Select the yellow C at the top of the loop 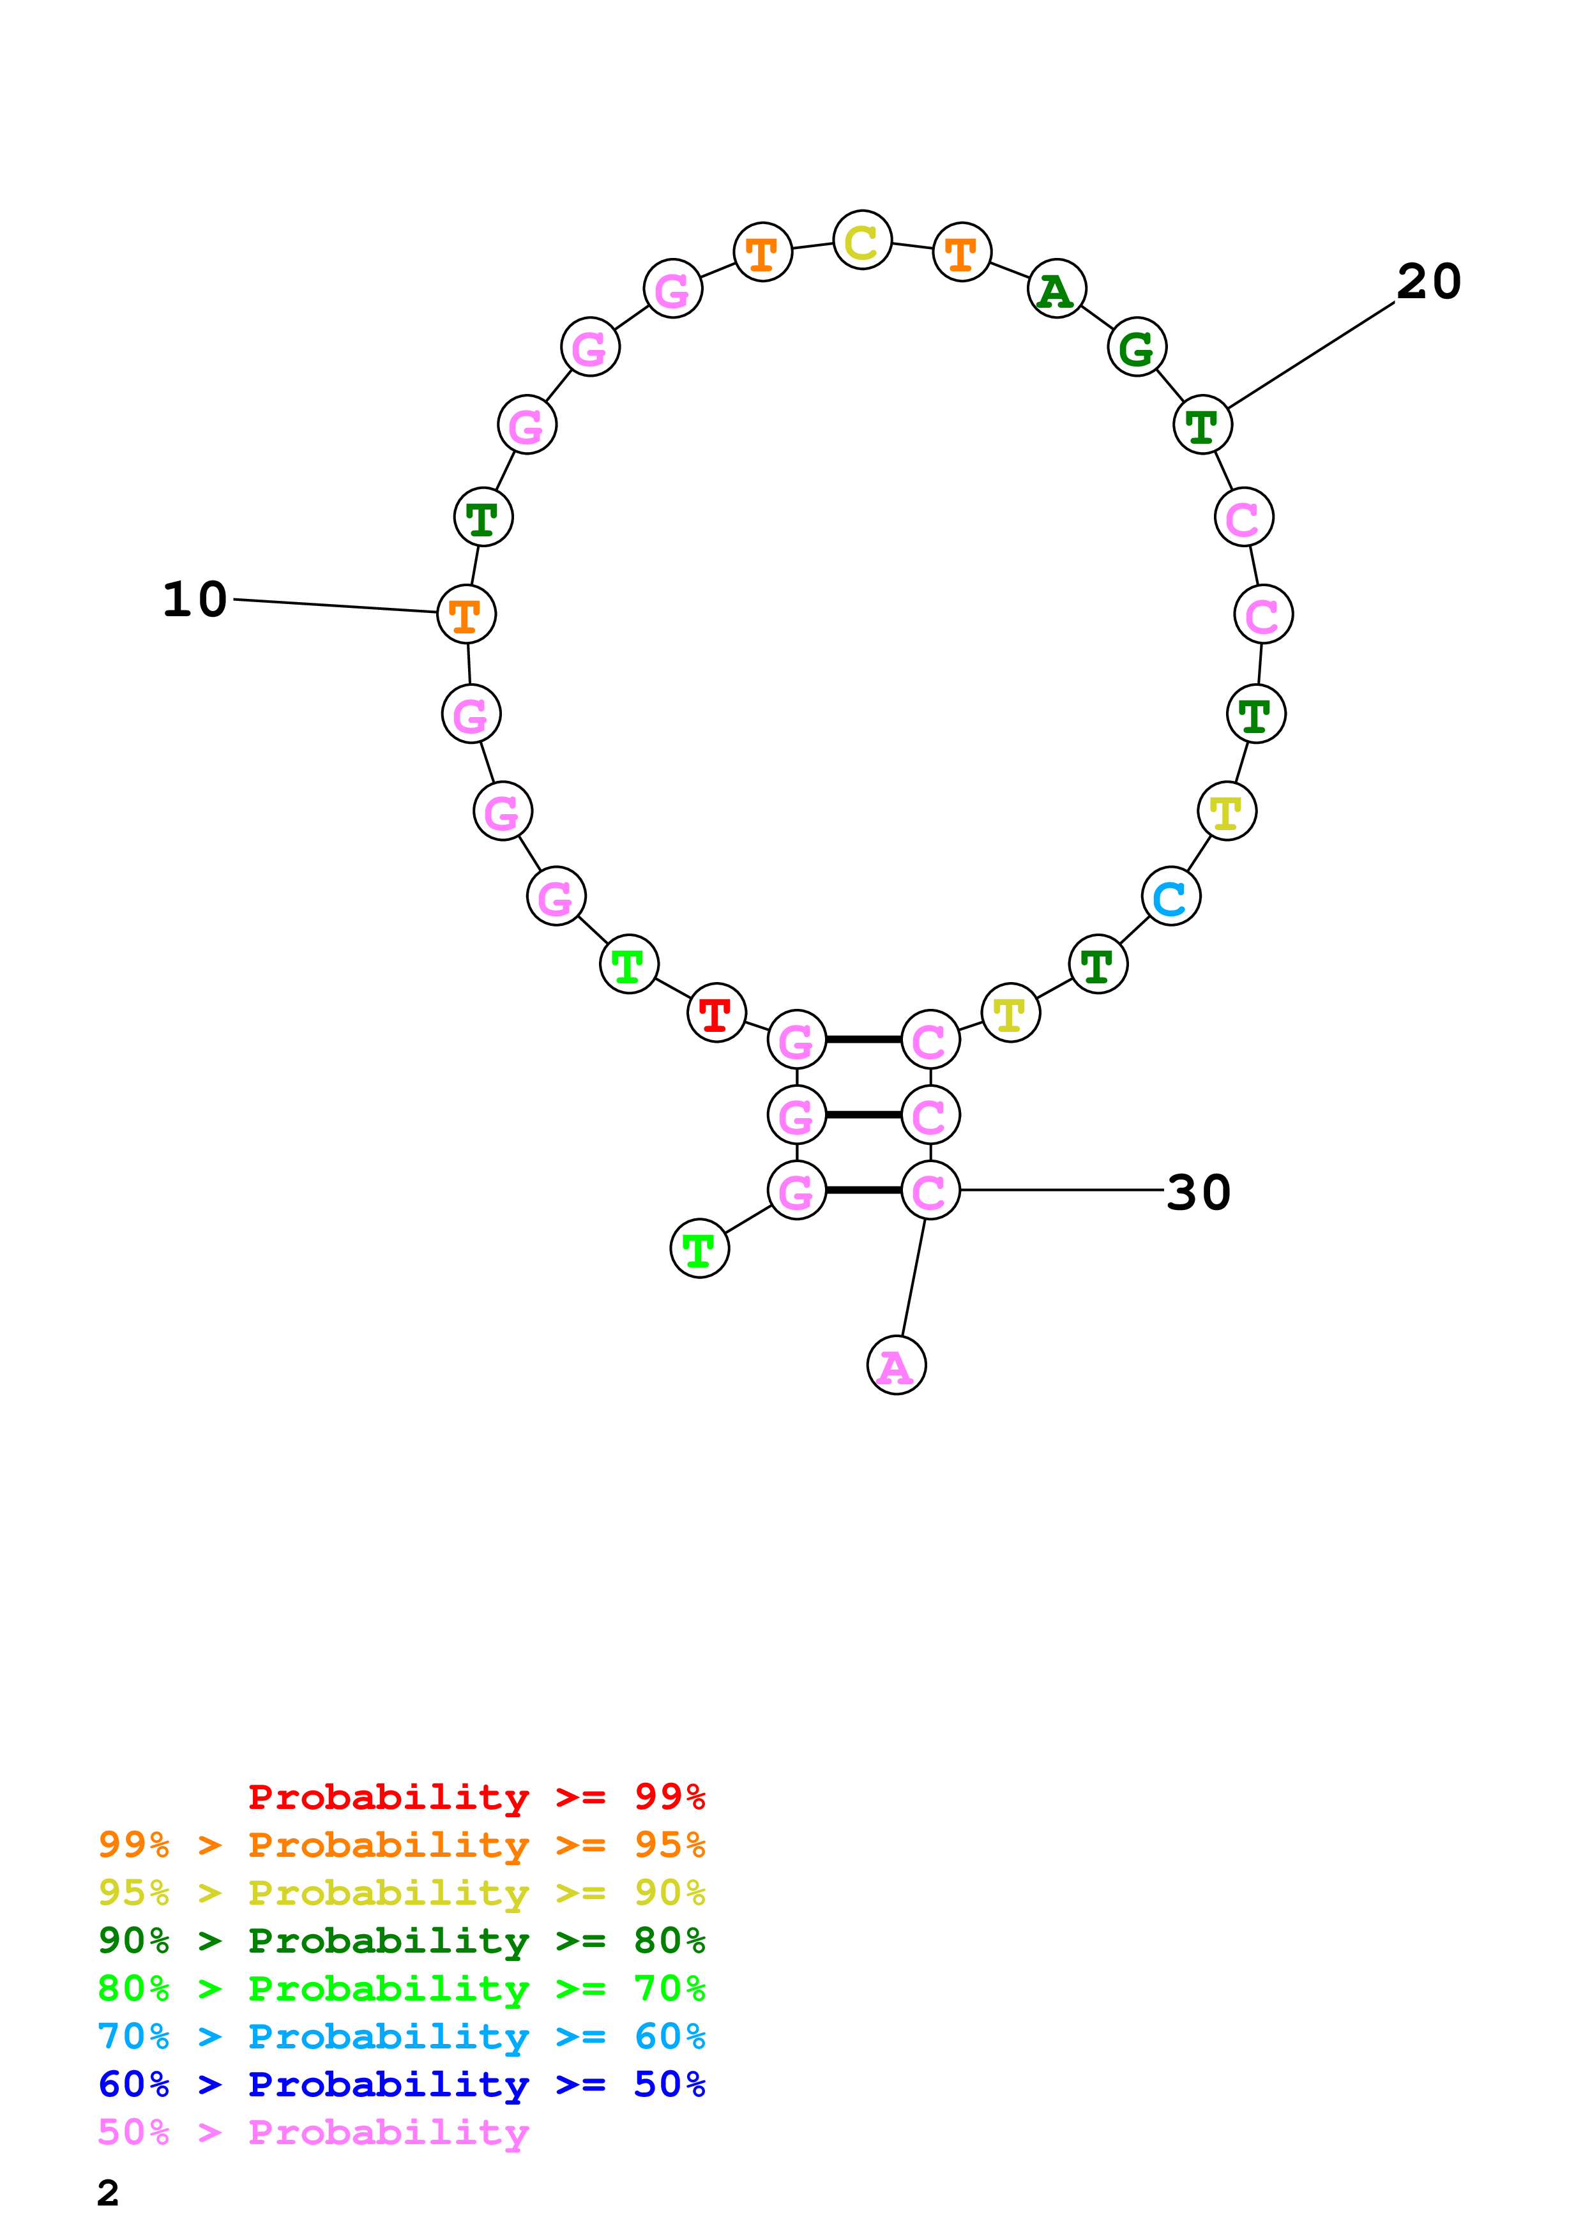click(862, 240)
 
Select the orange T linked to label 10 click(466, 615)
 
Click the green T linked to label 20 click(1202, 425)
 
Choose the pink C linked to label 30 click(930, 1190)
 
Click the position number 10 click(195, 599)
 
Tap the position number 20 click(1429, 282)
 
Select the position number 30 click(1199, 1192)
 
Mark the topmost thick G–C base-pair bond click(863, 1040)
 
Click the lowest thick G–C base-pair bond click(863, 1190)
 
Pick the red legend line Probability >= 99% click(476, 1797)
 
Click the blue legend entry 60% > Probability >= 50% click(401, 2085)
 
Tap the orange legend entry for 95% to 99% click(401, 1845)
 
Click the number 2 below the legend click(109, 2193)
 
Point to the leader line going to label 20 click(1311, 355)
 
